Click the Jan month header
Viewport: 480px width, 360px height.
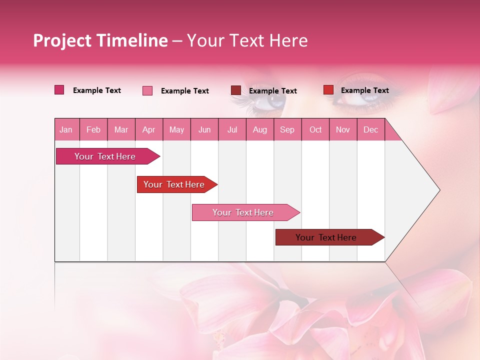[66, 129]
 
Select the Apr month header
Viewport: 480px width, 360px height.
[148, 129]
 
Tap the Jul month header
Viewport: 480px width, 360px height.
[232, 129]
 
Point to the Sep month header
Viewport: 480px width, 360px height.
[287, 129]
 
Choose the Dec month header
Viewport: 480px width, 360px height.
[370, 129]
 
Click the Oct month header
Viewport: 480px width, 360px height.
[315, 129]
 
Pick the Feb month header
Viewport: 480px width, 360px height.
[93, 129]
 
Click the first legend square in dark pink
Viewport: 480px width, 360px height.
[59, 90]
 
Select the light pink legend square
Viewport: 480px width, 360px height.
[147, 90]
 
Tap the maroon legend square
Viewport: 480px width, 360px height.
[235, 90]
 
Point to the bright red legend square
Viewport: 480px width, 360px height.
[328, 90]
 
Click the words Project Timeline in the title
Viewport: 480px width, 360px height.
[100, 40]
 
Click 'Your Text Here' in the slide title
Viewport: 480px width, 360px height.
[247, 40]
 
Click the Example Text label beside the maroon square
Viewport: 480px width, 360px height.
[272, 91]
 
